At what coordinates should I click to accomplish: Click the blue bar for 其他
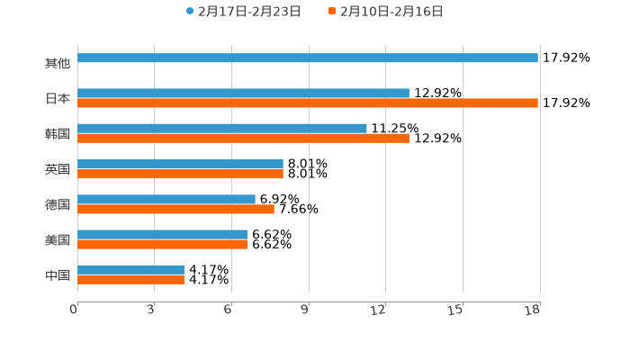click(308, 58)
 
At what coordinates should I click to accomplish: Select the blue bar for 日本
click(243, 94)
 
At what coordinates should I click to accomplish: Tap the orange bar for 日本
click(308, 103)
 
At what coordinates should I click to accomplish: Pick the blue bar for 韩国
click(222, 129)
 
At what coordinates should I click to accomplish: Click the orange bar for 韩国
click(243, 139)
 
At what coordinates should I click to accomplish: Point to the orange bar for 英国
click(180, 174)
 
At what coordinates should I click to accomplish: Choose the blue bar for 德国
click(166, 199)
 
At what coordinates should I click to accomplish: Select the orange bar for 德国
click(175, 209)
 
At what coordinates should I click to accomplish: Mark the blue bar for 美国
click(163, 234)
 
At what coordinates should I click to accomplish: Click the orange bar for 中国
click(131, 280)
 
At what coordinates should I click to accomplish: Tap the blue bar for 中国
click(131, 270)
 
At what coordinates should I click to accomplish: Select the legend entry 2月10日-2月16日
click(391, 12)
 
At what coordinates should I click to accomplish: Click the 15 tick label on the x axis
click(455, 310)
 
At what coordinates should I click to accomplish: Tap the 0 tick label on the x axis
click(74, 310)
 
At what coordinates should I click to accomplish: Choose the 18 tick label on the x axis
click(533, 310)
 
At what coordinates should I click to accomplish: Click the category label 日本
click(58, 98)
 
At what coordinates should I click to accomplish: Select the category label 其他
click(58, 63)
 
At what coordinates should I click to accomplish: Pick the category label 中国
click(58, 274)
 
